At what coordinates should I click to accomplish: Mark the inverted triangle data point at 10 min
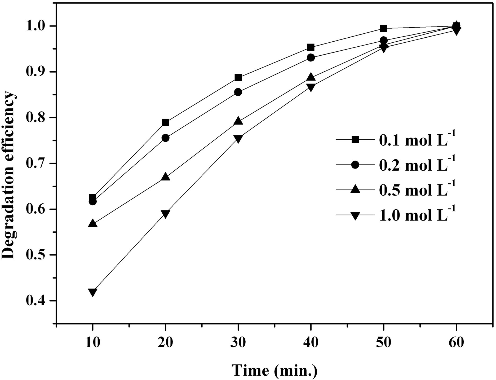point(92,292)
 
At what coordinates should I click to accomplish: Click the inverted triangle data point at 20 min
point(165,214)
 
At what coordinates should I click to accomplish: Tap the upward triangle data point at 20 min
point(165,177)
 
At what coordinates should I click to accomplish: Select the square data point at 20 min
point(165,122)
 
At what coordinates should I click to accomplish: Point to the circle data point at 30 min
point(238,92)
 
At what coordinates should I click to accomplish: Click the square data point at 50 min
point(383,28)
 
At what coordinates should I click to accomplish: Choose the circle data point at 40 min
point(311,58)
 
